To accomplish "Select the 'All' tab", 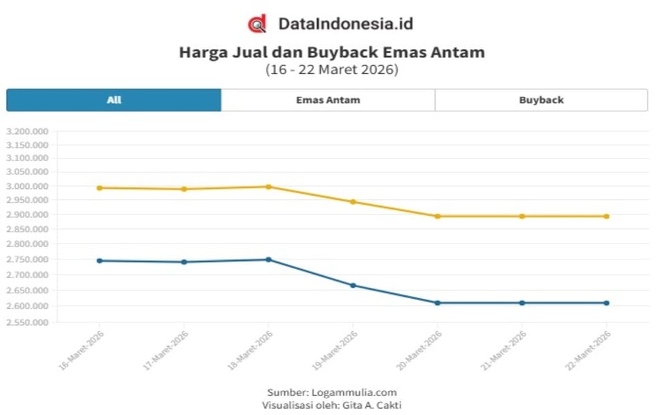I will pyautogui.click(x=114, y=100).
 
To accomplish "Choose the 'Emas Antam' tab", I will pyautogui.click(x=328, y=100).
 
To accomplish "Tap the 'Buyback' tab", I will pyautogui.click(x=541, y=100).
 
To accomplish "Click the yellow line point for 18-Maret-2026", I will pyautogui.click(x=268, y=187).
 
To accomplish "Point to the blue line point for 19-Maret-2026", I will pyautogui.click(x=353, y=285).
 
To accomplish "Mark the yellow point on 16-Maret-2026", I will pyautogui.click(x=100, y=187).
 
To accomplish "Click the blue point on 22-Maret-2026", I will pyautogui.click(x=607, y=303).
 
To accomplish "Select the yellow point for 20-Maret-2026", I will pyautogui.click(x=437, y=216).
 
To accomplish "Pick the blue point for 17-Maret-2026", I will pyautogui.click(x=184, y=261).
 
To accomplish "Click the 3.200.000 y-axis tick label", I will pyautogui.click(x=27, y=131).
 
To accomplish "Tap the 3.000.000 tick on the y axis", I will pyautogui.click(x=27, y=187).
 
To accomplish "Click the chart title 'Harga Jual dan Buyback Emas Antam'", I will pyautogui.click(x=332, y=53).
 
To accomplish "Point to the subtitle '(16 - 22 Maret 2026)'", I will pyautogui.click(x=332, y=70).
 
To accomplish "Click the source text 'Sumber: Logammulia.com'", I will pyautogui.click(x=332, y=392).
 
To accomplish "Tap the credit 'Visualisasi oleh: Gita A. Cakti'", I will pyautogui.click(x=332, y=405).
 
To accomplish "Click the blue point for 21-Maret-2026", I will pyautogui.click(x=522, y=303).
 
